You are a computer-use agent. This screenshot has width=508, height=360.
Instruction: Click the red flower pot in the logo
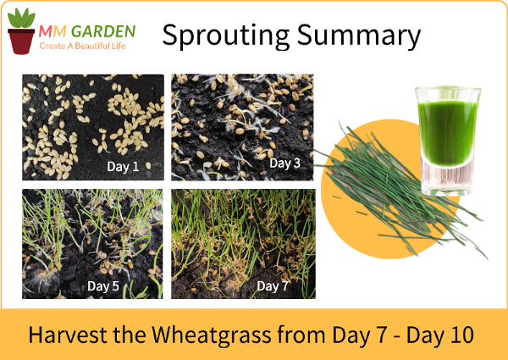point(21,42)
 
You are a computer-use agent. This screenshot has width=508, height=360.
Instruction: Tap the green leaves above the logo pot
point(21,18)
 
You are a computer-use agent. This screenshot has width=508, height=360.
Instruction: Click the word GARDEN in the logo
point(103,31)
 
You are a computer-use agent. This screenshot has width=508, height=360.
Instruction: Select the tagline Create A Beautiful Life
point(82,46)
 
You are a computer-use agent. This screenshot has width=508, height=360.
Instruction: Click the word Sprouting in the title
point(226,36)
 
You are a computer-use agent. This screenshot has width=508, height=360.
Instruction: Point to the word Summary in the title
point(359,36)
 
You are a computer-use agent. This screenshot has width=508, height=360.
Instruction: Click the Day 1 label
point(123,167)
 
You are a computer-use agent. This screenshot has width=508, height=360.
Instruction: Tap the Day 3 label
point(285,163)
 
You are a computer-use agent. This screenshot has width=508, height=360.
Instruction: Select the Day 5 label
point(103,286)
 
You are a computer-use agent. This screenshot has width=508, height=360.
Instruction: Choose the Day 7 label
point(273,286)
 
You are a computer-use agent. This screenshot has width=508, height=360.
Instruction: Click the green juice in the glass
point(448,132)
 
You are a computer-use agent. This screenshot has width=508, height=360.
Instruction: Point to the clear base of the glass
point(447,179)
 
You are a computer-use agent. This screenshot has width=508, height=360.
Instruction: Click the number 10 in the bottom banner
point(461,335)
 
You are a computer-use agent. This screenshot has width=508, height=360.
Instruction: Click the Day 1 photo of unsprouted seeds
point(93,127)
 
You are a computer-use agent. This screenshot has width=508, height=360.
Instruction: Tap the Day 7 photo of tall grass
point(243,244)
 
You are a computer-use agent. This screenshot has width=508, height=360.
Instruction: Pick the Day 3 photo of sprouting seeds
point(242,127)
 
